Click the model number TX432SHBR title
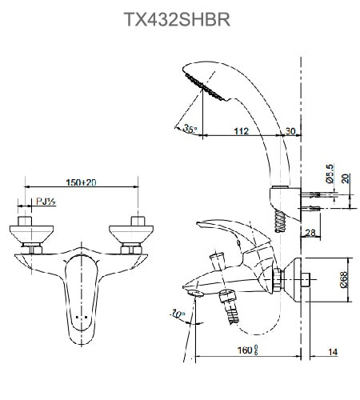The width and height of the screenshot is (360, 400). click(178, 18)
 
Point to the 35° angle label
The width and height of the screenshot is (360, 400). click(190, 128)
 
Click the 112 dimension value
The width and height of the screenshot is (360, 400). click(239, 130)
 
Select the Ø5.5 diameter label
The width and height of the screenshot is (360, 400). click(329, 175)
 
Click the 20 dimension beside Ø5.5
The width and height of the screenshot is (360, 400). click(346, 179)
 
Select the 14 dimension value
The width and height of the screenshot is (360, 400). click(332, 350)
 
